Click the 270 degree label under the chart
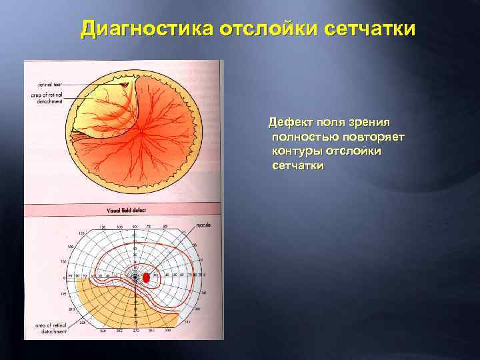(x=135, y=331)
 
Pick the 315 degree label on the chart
(x=189, y=322)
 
